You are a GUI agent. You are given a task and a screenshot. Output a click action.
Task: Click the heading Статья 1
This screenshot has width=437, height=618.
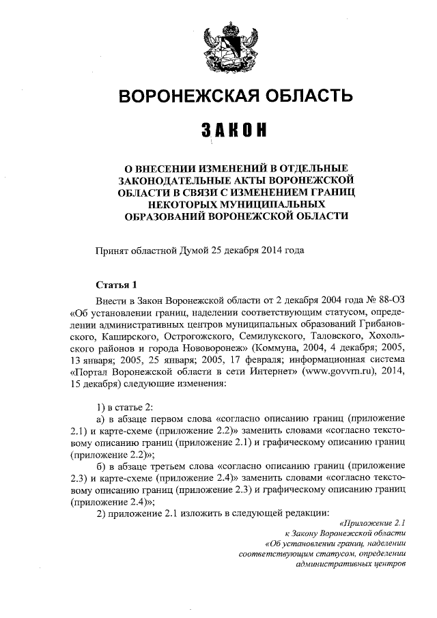(x=115, y=283)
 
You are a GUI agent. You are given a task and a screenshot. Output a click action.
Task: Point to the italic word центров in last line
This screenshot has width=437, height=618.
(x=389, y=564)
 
